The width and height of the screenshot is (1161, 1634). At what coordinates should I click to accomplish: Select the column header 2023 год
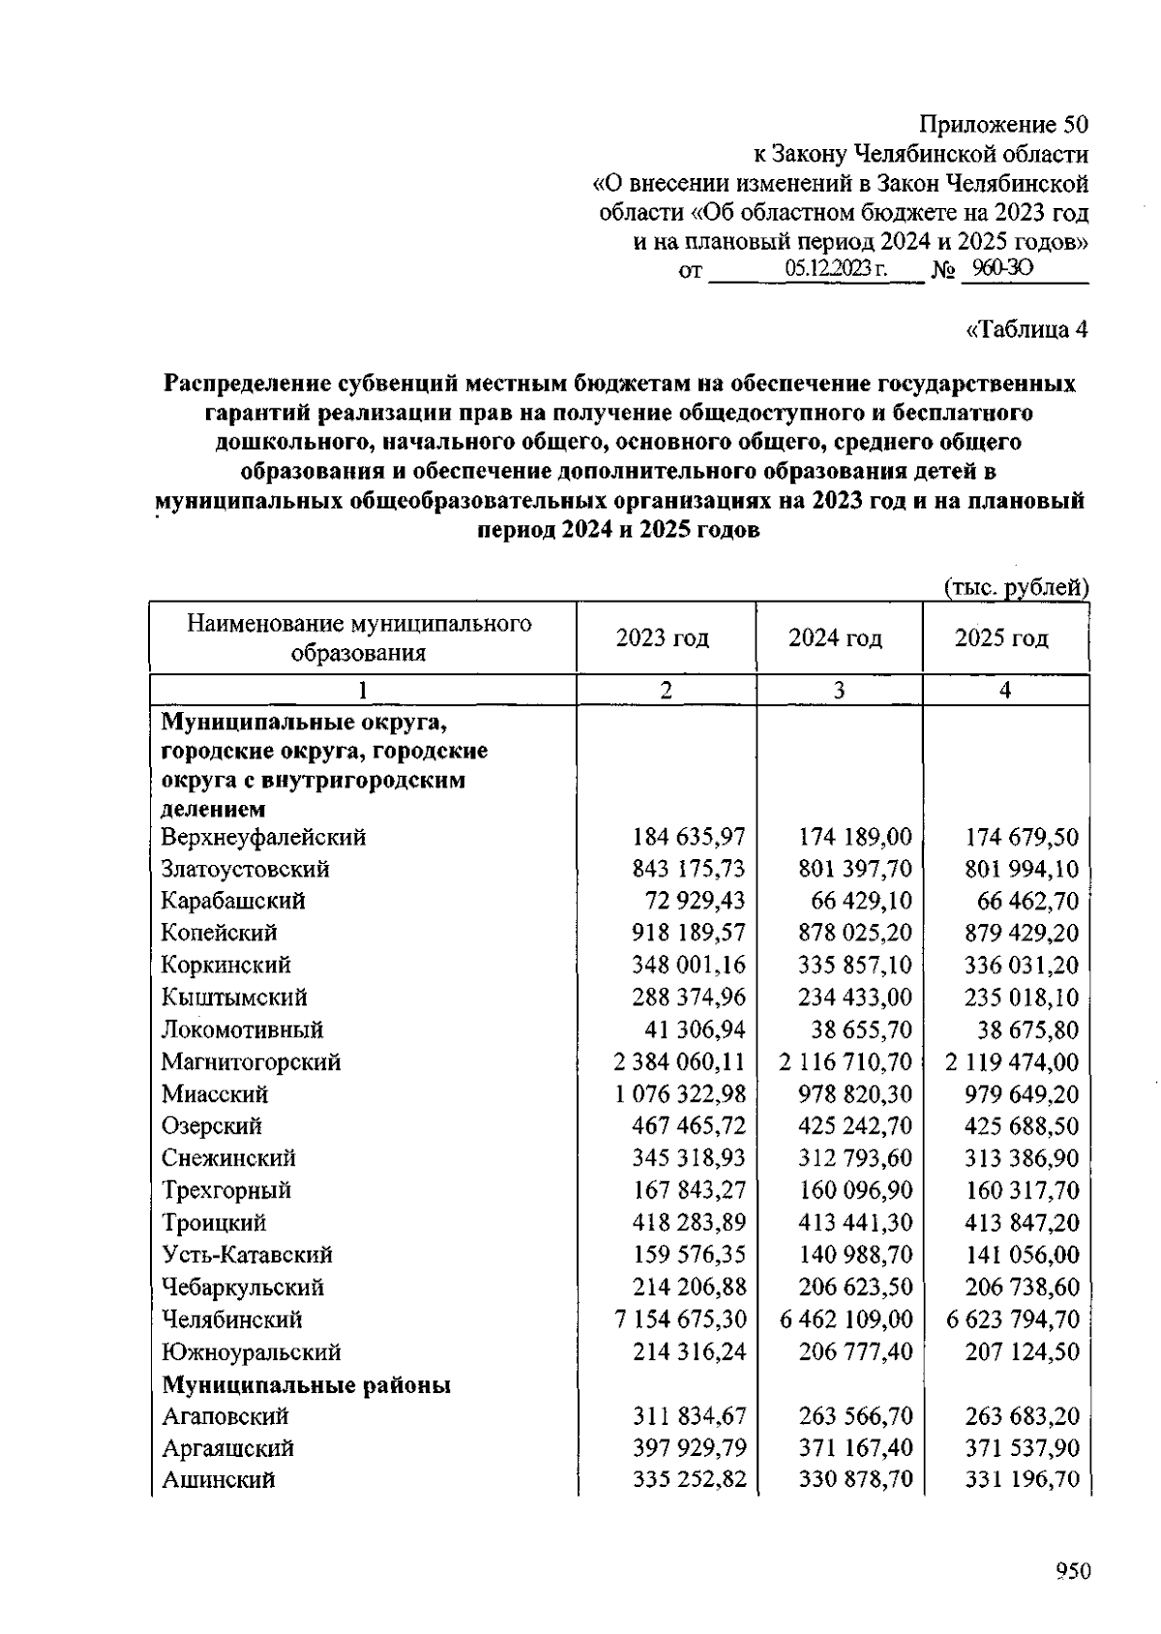coord(663,639)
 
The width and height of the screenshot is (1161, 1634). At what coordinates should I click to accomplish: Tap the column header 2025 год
coord(1001,639)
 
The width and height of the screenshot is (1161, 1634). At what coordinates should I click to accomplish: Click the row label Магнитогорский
coord(251,1062)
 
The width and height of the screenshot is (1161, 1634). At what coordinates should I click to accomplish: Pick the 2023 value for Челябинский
coord(680,1320)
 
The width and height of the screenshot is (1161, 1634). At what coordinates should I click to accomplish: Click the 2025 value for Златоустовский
coord(1022,869)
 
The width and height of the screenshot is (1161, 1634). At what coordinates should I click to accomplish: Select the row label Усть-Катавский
coord(247,1255)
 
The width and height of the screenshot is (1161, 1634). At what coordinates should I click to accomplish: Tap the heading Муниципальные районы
coord(306,1385)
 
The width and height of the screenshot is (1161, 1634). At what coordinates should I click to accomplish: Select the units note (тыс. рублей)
coord(1016,587)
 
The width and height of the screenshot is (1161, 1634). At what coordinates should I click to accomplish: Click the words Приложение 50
coord(1003,125)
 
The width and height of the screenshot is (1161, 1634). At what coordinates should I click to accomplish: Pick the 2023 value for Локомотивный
coord(695,1029)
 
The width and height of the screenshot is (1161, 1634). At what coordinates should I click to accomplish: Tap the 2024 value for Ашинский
coord(855,1479)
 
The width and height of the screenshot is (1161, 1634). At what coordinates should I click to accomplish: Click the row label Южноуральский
coord(251,1352)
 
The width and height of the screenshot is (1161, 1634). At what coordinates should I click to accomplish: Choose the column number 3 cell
coord(839,690)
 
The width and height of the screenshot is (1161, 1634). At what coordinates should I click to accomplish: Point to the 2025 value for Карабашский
coord(1027,901)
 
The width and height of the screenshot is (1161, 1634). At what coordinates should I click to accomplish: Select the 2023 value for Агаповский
coord(689,1416)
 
